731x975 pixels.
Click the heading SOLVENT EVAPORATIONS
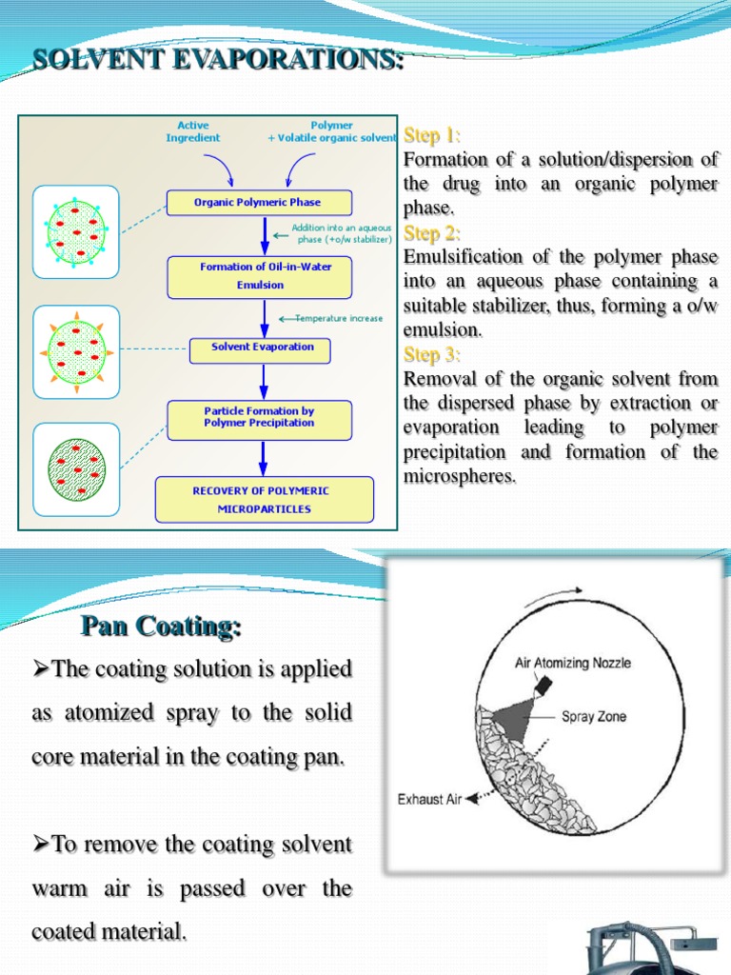pos(218,60)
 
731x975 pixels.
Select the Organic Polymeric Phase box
pos(258,202)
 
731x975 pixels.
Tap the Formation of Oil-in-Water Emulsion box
pos(260,276)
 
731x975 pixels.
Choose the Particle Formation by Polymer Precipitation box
pos(259,417)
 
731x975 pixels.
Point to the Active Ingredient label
pos(193,131)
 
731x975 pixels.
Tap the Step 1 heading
pos(433,134)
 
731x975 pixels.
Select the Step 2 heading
pos(433,232)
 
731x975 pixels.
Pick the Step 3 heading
pos(433,355)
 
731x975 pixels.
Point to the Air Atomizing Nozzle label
pos(572,663)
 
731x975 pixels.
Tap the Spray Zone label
pos(594,716)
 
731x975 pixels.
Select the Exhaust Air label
pos(428,799)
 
